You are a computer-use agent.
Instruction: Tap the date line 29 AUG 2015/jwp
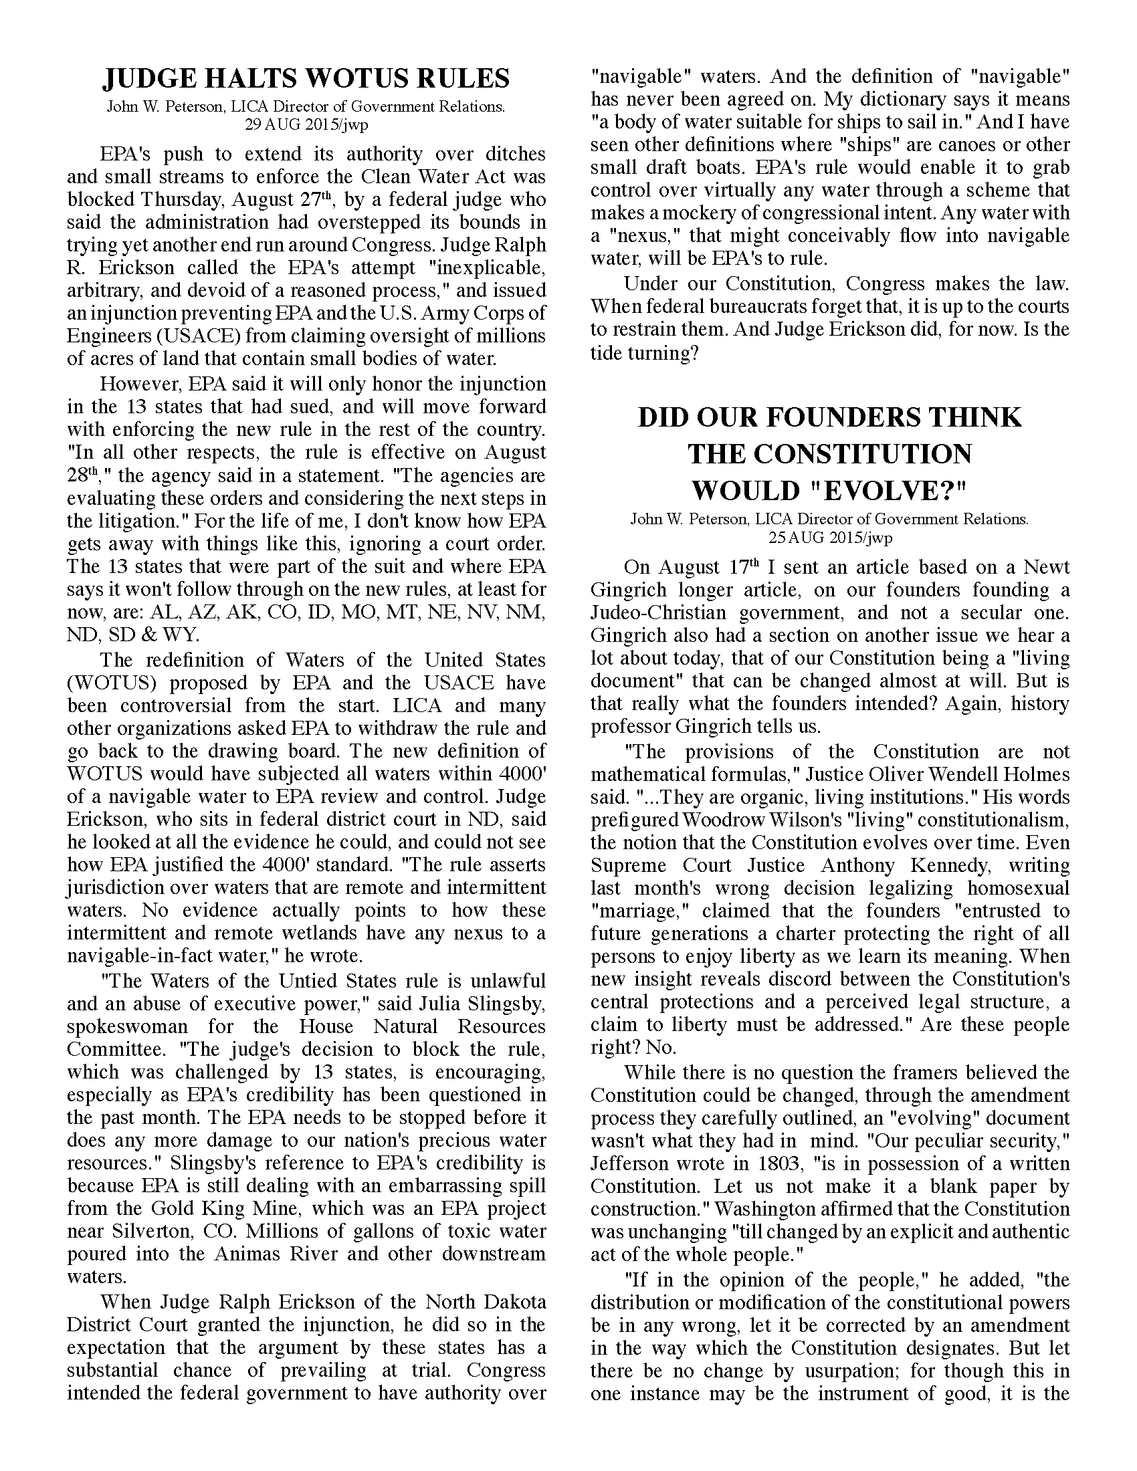point(306,124)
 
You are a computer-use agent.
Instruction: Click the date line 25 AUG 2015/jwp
point(829,538)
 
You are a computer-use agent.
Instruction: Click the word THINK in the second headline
point(976,418)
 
